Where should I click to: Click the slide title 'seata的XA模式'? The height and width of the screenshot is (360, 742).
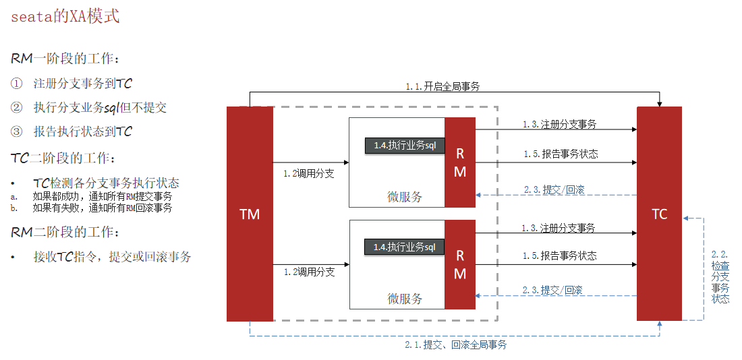coord(65,16)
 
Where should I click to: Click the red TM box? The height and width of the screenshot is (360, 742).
coord(250,214)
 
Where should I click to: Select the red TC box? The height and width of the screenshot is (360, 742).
coord(659,214)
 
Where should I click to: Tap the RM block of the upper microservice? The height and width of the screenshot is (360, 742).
coord(460,162)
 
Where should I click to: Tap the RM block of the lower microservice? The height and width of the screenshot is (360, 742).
coord(460,264)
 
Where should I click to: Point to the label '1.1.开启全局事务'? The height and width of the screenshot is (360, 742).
coord(443,86)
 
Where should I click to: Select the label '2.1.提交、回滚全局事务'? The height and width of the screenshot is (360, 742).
coord(456,344)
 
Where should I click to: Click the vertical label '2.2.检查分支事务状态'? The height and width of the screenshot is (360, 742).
coord(720,276)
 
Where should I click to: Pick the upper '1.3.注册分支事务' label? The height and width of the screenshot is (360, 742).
coord(559,125)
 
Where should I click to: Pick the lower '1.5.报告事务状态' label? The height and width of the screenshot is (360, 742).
coord(559,256)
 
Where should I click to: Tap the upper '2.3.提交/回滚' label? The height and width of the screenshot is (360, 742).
coord(553,189)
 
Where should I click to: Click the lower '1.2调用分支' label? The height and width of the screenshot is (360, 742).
coord(309,272)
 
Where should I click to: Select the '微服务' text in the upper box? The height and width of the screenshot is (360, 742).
coord(405,197)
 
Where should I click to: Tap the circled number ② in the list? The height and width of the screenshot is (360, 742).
coord(17,107)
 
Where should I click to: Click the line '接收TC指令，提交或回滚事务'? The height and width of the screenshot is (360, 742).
coord(112,257)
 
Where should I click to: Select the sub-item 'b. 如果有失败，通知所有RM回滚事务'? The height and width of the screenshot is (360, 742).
coord(101,208)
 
